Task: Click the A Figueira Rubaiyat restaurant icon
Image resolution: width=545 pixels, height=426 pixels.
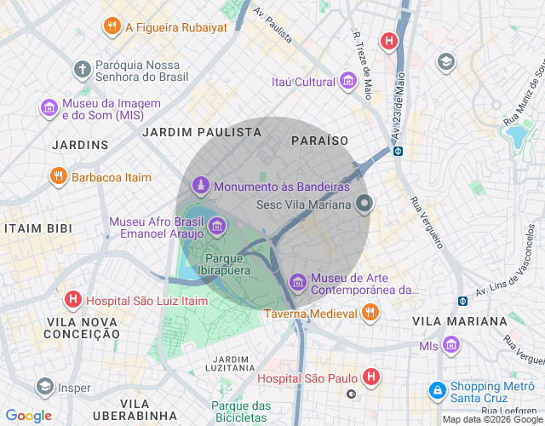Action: click(112, 26)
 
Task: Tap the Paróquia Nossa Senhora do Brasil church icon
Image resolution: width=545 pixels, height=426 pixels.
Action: click(82, 69)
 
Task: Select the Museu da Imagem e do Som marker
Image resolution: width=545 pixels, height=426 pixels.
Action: click(49, 108)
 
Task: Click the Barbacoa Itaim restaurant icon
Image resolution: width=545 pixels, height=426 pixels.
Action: click(58, 177)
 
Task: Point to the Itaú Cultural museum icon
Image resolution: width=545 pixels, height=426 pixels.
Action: click(347, 82)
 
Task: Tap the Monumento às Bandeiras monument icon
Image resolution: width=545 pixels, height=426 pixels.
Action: click(200, 185)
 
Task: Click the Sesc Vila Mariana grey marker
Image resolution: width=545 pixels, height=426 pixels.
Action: click(364, 204)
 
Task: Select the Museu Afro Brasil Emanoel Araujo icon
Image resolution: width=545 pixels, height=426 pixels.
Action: click(217, 226)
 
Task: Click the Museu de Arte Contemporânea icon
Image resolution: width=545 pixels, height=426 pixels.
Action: click(297, 280)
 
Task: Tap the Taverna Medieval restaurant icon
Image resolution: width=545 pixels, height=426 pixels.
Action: click(369, 313)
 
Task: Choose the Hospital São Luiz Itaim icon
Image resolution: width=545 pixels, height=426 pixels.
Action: click(74, 300)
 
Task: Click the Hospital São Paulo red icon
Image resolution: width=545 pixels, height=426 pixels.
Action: click(371, 377)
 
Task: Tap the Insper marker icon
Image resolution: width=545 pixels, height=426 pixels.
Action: click(43, 388)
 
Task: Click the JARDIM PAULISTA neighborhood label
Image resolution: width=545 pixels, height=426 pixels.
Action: click(202, 132)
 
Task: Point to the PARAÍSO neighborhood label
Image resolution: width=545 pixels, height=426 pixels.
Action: click(319, 139)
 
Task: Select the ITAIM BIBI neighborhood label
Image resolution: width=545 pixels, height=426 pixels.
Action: click(39, 229)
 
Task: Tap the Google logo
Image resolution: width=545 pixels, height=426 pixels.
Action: click(28, 416)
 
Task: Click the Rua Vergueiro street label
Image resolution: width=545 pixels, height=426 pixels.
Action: click(427, 222)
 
